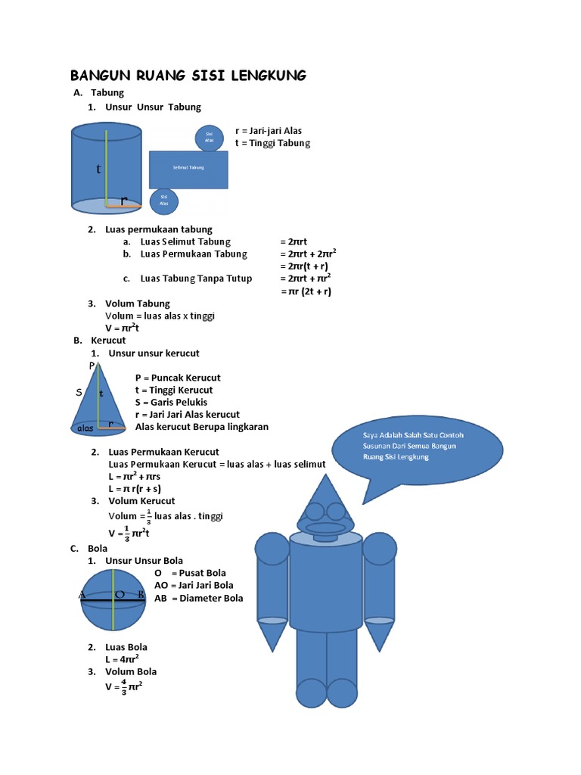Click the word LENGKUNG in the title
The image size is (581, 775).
(x=261, y=75)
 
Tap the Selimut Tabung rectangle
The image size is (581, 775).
(x=188, y=169)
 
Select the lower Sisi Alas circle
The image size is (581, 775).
(x=164, y=201)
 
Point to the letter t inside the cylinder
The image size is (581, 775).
(x=98, y=170)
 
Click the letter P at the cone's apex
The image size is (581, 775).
(x=92, y=366)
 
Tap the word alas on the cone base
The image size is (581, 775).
(x=85, y=429)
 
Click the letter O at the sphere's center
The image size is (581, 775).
(x=119, y=596)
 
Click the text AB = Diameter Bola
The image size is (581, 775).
(x=199, y=598)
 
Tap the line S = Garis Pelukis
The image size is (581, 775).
(x=171, y=402)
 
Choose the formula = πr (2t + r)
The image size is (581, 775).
(x=306, y=291)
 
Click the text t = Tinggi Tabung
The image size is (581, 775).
(x=272, y=143)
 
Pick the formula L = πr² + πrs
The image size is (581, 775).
(x=135, y=477)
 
